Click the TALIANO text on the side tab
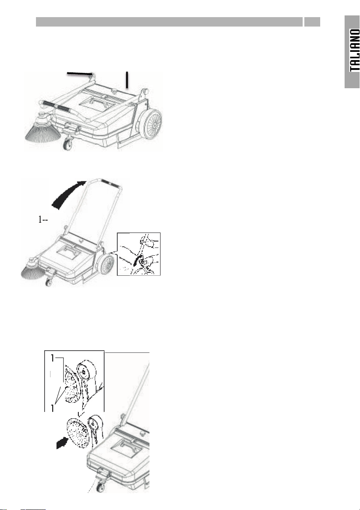(x=354, y=50)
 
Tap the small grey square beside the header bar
(x=312, y=22)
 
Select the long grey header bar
(x=169, y=22)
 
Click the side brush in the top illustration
(x=43, y=128)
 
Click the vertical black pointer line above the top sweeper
(x=127, y=80)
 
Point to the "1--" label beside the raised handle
(x=43, y=220)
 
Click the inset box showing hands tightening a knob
(x=139, y=254)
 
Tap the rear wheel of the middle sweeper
(x=106, y=265)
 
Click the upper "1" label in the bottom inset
(x=53, y=358)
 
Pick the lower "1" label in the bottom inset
(x=53, y=407)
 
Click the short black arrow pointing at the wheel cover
(x=62, y=443)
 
